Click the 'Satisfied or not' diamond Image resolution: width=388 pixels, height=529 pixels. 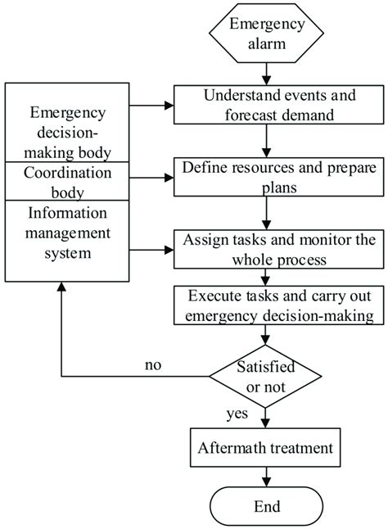(x=263, y=378)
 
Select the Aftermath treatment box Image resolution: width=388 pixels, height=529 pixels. (x=263, y=448)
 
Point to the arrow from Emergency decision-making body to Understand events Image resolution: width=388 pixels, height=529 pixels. (x=147, y=104)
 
